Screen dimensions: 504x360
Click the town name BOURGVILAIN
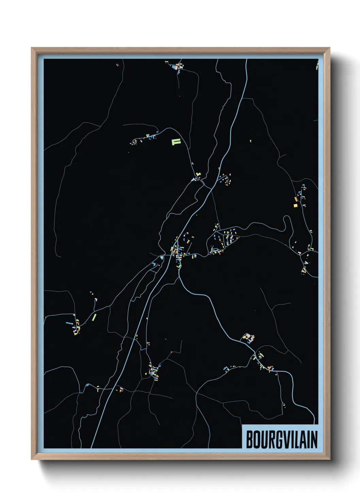[281, 439]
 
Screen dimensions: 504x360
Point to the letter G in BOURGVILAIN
[279, 440]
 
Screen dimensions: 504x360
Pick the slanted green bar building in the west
[94, 317]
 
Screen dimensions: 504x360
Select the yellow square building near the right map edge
[295, 205]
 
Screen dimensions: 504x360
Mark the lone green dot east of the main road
[250, 141]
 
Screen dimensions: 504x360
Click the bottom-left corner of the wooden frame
[32, 459]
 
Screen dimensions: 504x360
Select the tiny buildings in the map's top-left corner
[117, 64]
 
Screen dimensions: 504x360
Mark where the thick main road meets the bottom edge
[92, 447]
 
